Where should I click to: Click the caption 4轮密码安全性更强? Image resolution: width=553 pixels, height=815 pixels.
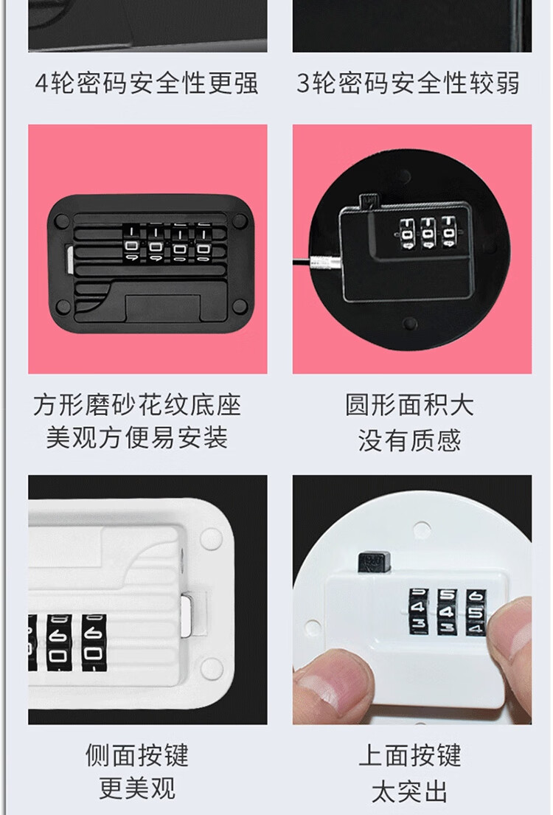[147, 83]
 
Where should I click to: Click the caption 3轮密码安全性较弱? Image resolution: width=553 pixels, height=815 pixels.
[408, 83]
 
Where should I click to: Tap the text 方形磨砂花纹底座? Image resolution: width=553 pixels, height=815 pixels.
[138, 405]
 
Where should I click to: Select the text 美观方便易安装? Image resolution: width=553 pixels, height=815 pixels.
[138, 437]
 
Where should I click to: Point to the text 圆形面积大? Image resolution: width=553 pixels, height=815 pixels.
[410, 405]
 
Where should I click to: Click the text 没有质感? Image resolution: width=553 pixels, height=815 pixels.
[410, 440]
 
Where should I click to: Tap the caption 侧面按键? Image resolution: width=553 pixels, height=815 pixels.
[138, 755]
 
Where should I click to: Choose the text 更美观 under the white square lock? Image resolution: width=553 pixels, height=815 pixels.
[138, 788]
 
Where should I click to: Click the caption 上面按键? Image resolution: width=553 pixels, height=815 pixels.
[410, 755]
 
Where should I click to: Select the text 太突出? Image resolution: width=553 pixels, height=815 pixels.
[410, 791]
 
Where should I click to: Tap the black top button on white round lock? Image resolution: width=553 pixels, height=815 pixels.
[375, 563]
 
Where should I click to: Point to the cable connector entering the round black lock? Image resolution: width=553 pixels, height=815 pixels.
[325, 263]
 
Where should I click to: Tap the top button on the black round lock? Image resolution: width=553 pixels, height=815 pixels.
[368, 201]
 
